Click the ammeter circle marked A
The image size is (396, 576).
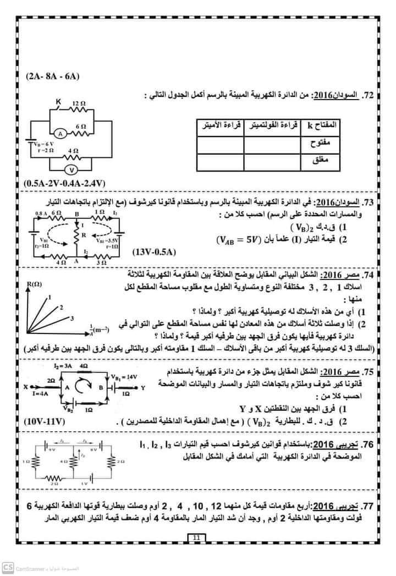point(62,134)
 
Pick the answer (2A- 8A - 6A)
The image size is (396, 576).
point(52,77)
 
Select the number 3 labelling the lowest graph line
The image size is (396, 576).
point(72,318)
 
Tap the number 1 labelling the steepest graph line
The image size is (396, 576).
point(50,297)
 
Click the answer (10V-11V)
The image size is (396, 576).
point(45,422)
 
